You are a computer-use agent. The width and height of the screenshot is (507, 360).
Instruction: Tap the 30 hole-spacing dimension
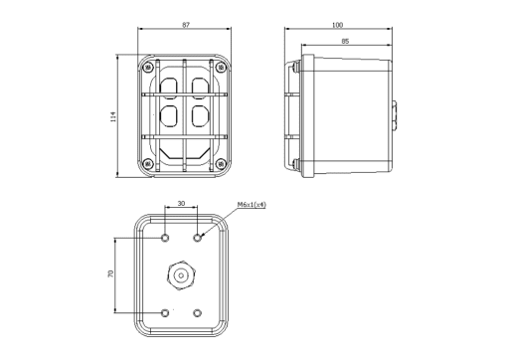181,203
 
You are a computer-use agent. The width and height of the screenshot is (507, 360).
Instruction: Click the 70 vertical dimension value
110,273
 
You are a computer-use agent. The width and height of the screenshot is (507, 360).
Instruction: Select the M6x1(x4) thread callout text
252,204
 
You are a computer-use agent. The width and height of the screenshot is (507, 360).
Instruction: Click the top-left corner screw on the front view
147,68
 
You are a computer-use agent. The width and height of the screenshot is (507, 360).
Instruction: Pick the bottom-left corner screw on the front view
147,164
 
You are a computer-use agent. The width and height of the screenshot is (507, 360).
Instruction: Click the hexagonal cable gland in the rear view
181,273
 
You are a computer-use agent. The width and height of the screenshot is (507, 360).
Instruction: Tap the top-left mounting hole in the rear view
165,238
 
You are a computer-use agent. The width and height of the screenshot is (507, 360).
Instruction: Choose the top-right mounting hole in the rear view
198,238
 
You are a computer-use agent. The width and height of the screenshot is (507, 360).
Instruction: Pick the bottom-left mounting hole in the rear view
165,313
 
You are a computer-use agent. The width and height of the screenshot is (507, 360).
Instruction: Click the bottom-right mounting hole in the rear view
198,313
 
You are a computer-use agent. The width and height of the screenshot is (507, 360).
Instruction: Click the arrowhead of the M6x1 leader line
203,234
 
